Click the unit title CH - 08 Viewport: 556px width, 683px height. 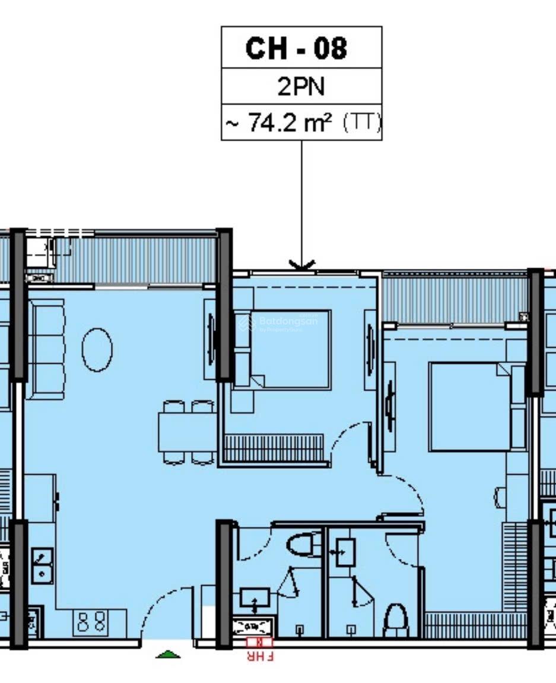point(296,48)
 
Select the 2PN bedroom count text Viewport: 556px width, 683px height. point(301,87)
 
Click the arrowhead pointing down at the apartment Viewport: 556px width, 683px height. point(301,265)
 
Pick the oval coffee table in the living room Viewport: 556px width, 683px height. point(97,350)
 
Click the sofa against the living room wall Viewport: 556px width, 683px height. point(47,350)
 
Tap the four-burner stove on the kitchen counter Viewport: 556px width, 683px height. point(92,622)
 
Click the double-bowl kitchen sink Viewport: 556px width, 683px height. point(42,566)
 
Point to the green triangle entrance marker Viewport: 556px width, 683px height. point(168,655)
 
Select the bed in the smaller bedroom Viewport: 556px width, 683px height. point(290,350)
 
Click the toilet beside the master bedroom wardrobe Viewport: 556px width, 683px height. point(395,620)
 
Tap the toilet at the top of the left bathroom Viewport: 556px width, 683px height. point(303,542)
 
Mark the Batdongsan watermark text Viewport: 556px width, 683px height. point(288,321)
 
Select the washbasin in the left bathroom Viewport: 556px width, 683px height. point(255,598)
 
